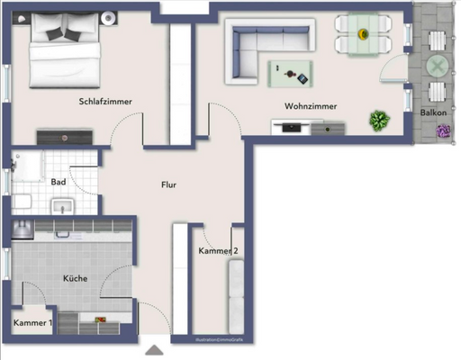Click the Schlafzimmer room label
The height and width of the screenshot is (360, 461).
(105, 102)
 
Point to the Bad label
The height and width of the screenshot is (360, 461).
(59, 182)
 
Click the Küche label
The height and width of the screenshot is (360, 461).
(75, 279)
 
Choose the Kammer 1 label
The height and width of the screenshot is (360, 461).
(32, 322)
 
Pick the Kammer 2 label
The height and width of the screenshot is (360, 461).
(218, 251)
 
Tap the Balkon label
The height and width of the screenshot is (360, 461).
(438, 112)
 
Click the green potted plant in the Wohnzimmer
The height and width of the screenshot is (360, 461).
(378, 119)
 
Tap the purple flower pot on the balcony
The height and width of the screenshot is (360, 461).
(443, 130)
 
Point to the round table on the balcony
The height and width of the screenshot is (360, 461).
(437, 66)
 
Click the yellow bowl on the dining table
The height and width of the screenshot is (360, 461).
(363, 34)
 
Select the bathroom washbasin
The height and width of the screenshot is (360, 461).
(62, 207)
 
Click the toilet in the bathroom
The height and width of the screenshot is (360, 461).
(21, 202)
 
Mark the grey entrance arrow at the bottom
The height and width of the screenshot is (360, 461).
(155, 351)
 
